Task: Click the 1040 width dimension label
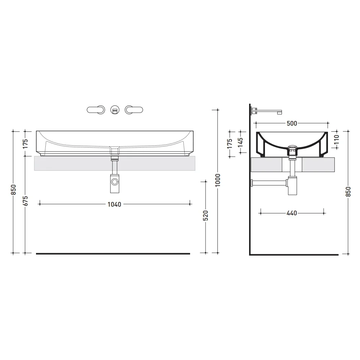point(114,204)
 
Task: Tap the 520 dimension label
point(206,216)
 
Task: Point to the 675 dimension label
point(25,201)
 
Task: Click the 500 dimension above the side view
point(292,123)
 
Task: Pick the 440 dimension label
point(292,213)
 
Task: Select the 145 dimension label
point(240,142)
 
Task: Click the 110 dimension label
point(336,139)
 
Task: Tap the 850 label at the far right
point(348,192)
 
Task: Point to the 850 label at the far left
point(14,189)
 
